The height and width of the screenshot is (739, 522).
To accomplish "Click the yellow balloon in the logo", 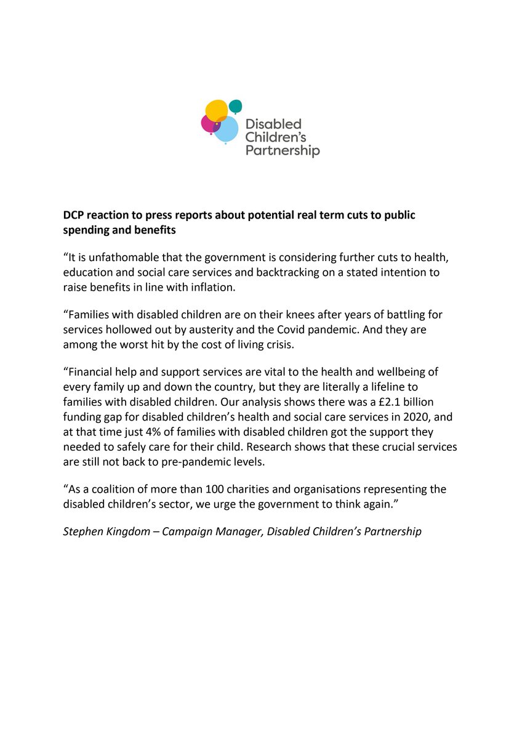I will (x=217, y=110).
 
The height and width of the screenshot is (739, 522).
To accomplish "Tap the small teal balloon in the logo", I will (x=236, y=106).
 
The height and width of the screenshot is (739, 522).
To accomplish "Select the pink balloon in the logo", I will (x=209, y=123).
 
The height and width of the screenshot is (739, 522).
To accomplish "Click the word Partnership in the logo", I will (x=283, y=150).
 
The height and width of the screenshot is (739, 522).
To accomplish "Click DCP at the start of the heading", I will (x=74, y=217).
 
